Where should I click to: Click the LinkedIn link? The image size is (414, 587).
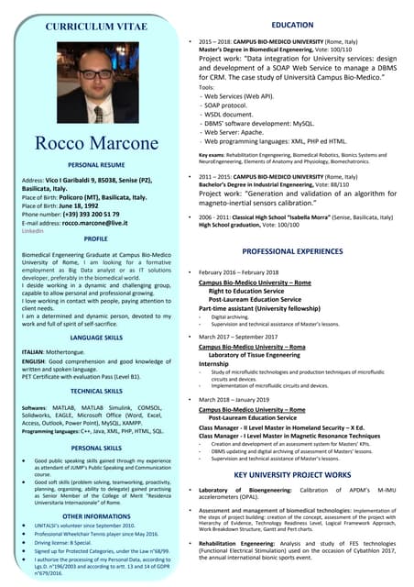coord(32,230)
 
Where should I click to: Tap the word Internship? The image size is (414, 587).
coord(216,363)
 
